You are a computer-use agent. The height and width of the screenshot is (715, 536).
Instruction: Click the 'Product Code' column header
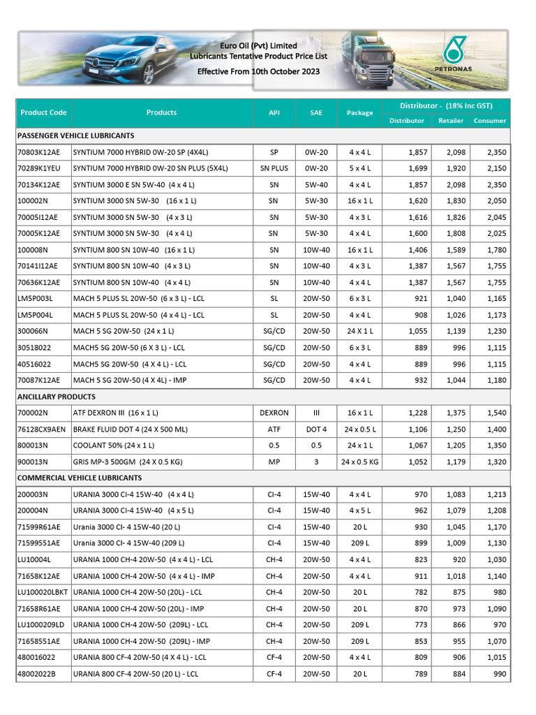coord(43,112)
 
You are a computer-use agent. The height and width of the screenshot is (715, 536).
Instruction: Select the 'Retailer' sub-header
coord(451,121)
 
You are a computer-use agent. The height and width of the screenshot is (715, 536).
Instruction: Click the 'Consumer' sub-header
coord(490,121)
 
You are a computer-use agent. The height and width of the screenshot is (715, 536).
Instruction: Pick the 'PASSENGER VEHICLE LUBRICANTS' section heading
coord(75,135)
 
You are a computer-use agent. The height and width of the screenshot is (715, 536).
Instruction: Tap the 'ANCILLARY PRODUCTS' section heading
coord(56,397)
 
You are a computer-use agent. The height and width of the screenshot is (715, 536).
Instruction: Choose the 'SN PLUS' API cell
coord(274,168)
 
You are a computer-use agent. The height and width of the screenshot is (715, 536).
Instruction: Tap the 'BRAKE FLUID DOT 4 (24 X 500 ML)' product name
coord(131,429)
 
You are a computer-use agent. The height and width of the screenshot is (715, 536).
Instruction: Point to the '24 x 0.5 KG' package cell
coord(360,462)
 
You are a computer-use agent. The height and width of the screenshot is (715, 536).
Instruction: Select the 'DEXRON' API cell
coord(274,413)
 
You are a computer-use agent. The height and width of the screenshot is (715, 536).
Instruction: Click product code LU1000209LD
coord(40,625)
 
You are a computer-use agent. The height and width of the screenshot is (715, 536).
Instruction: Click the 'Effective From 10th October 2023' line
coord(248,71)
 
